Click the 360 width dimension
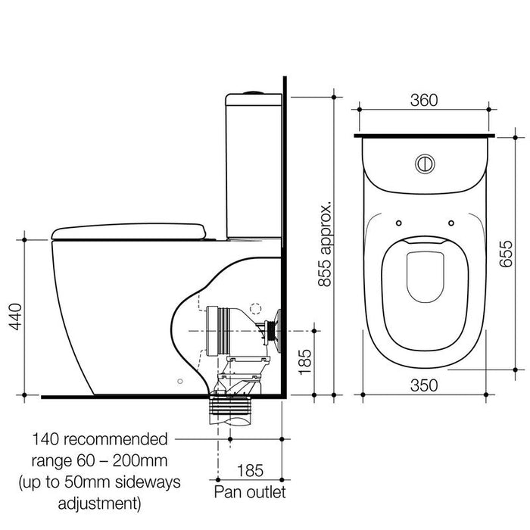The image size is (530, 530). (425, 101)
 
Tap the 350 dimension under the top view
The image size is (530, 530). (425, 385)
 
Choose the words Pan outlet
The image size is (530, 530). (250, 494)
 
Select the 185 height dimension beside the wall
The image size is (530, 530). (303, 362)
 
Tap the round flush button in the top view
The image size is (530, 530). (424, 163)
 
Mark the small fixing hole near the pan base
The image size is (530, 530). (179, 381)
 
